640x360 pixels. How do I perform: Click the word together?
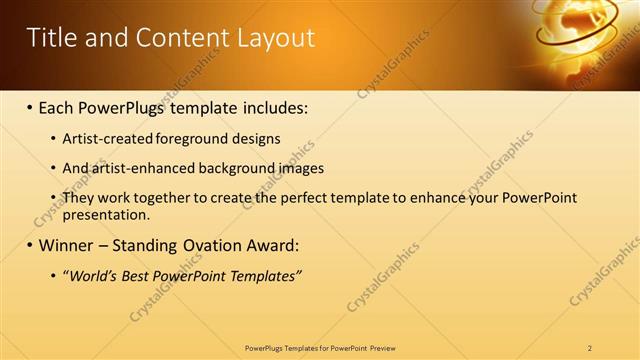click(x=162, y=198)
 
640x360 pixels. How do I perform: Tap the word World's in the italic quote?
click(x=92, y=276)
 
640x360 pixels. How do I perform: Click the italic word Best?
click(x=141, y=276)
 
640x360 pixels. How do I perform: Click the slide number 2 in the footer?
click(x=590, y=348)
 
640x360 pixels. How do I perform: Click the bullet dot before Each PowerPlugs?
click(x=29, y=106)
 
